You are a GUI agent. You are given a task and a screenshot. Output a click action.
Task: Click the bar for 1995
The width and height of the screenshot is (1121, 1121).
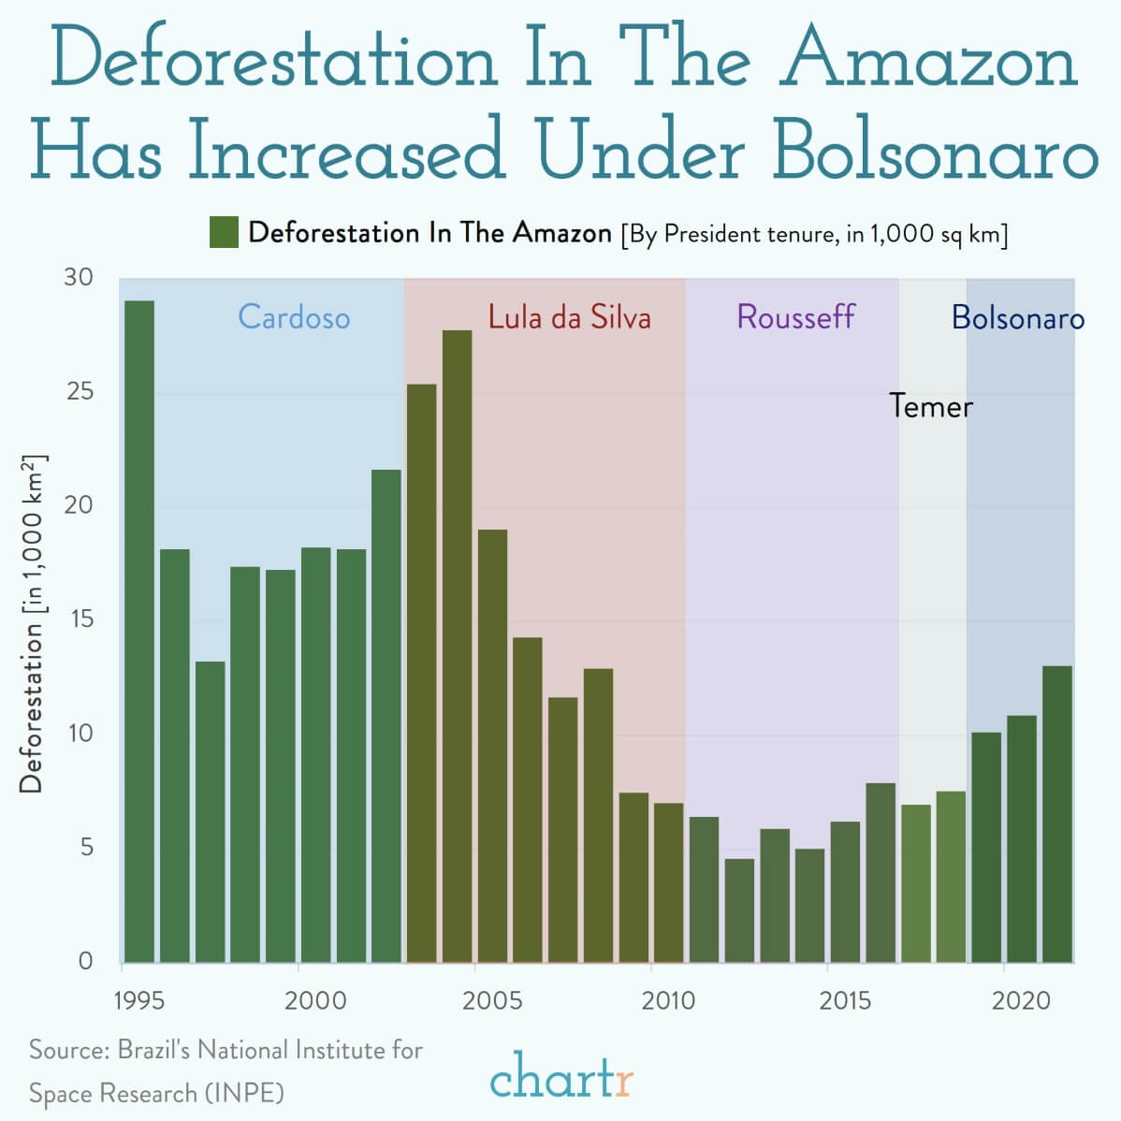tap(139, 632)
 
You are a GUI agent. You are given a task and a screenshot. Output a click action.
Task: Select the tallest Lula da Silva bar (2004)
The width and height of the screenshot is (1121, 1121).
tap(457, 647)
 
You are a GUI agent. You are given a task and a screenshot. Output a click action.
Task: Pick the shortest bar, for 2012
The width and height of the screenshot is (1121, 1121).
tap(739, 910)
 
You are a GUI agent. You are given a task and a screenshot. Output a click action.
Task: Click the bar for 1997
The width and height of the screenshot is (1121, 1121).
tap(211, 812)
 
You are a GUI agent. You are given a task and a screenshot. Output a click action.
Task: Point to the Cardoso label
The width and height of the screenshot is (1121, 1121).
tap(294, 316)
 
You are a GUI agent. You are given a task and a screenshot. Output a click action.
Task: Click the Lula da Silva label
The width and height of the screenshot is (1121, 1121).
tap(570, 316)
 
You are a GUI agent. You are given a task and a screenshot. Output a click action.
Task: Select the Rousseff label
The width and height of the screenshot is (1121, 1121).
tap(795, 316)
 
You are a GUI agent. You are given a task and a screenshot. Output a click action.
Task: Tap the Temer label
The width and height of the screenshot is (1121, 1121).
tap(931, 406)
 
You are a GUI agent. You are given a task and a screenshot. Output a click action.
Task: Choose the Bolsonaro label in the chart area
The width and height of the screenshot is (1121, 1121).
tap(1018, 317)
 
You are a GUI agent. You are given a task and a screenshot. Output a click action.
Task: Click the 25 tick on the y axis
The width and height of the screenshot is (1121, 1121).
tap(80, 391)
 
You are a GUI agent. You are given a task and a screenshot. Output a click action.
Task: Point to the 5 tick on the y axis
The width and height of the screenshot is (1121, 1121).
tap(86, 847)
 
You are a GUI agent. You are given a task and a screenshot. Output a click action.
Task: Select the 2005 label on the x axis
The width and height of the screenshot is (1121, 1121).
tap(492, 1000)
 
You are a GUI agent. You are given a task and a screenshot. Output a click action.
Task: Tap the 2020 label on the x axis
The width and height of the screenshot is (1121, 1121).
tap(1021, 1000)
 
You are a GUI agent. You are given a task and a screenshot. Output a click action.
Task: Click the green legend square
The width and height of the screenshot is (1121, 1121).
tap(224, 232)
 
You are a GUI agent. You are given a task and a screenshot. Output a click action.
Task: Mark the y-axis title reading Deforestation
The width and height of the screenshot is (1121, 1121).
tap(32, 706)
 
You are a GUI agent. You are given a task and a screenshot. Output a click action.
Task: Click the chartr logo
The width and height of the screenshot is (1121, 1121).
tap(562, 1075)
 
